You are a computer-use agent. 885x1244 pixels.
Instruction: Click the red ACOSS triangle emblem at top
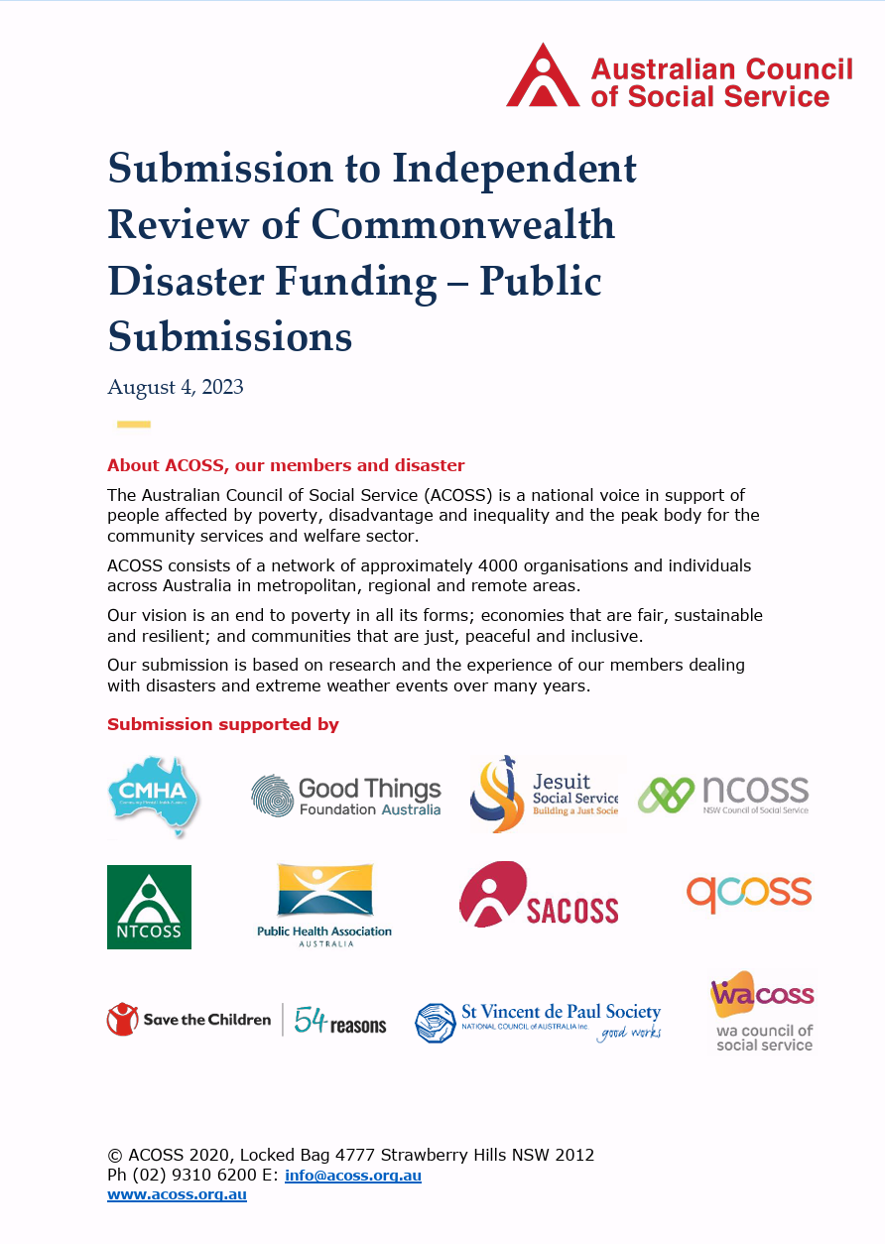point(542,76)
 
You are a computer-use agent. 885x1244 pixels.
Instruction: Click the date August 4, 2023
point(175,387)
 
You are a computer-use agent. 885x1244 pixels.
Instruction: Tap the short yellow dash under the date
point(134,425)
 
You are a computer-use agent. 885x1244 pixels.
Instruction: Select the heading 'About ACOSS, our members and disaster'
point(286,465)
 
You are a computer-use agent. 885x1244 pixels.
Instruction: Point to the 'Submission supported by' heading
point(222,724)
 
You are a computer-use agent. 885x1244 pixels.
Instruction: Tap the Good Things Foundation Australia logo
point(345,797)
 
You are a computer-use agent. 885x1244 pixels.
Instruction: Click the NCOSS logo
point(722,795)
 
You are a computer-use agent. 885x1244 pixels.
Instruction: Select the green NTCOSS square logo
point(149,907)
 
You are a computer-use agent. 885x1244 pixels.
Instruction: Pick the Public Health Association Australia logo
point(324,905)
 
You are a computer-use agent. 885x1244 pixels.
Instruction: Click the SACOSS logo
point(538,895)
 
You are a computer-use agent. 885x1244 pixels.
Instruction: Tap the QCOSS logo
point(748,894)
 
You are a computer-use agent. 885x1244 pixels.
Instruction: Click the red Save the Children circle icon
point(121,1020)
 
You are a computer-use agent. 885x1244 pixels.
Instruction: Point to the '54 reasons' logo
point(340,1021)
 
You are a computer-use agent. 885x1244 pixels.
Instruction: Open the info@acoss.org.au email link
point(353,1176)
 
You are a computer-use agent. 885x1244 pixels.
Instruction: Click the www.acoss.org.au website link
point(177,1194)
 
